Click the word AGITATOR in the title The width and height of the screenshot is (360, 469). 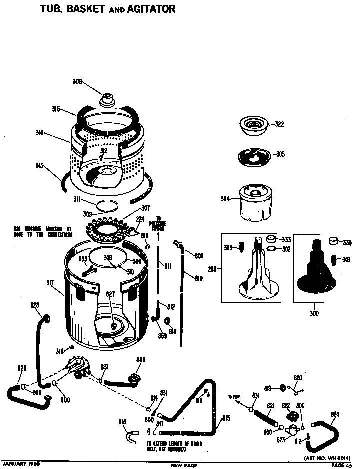pyautogui.click(x=148, y=9)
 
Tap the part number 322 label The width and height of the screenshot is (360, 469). pyautogui.click(x=279, y=124)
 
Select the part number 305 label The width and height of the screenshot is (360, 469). pyautogui.click(x=280, y=155)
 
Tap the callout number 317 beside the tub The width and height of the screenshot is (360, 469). pyautogui.click(x=50, y=282)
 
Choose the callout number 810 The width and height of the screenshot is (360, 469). pyautogui.click(x=198, y=279)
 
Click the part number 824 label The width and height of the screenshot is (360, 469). pyautogui.click(x=335, y=414)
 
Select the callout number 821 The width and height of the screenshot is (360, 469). pyautogui.click(x=269, y=406)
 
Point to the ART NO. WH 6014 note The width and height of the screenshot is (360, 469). pyautogui.click(x=327, y=458)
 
